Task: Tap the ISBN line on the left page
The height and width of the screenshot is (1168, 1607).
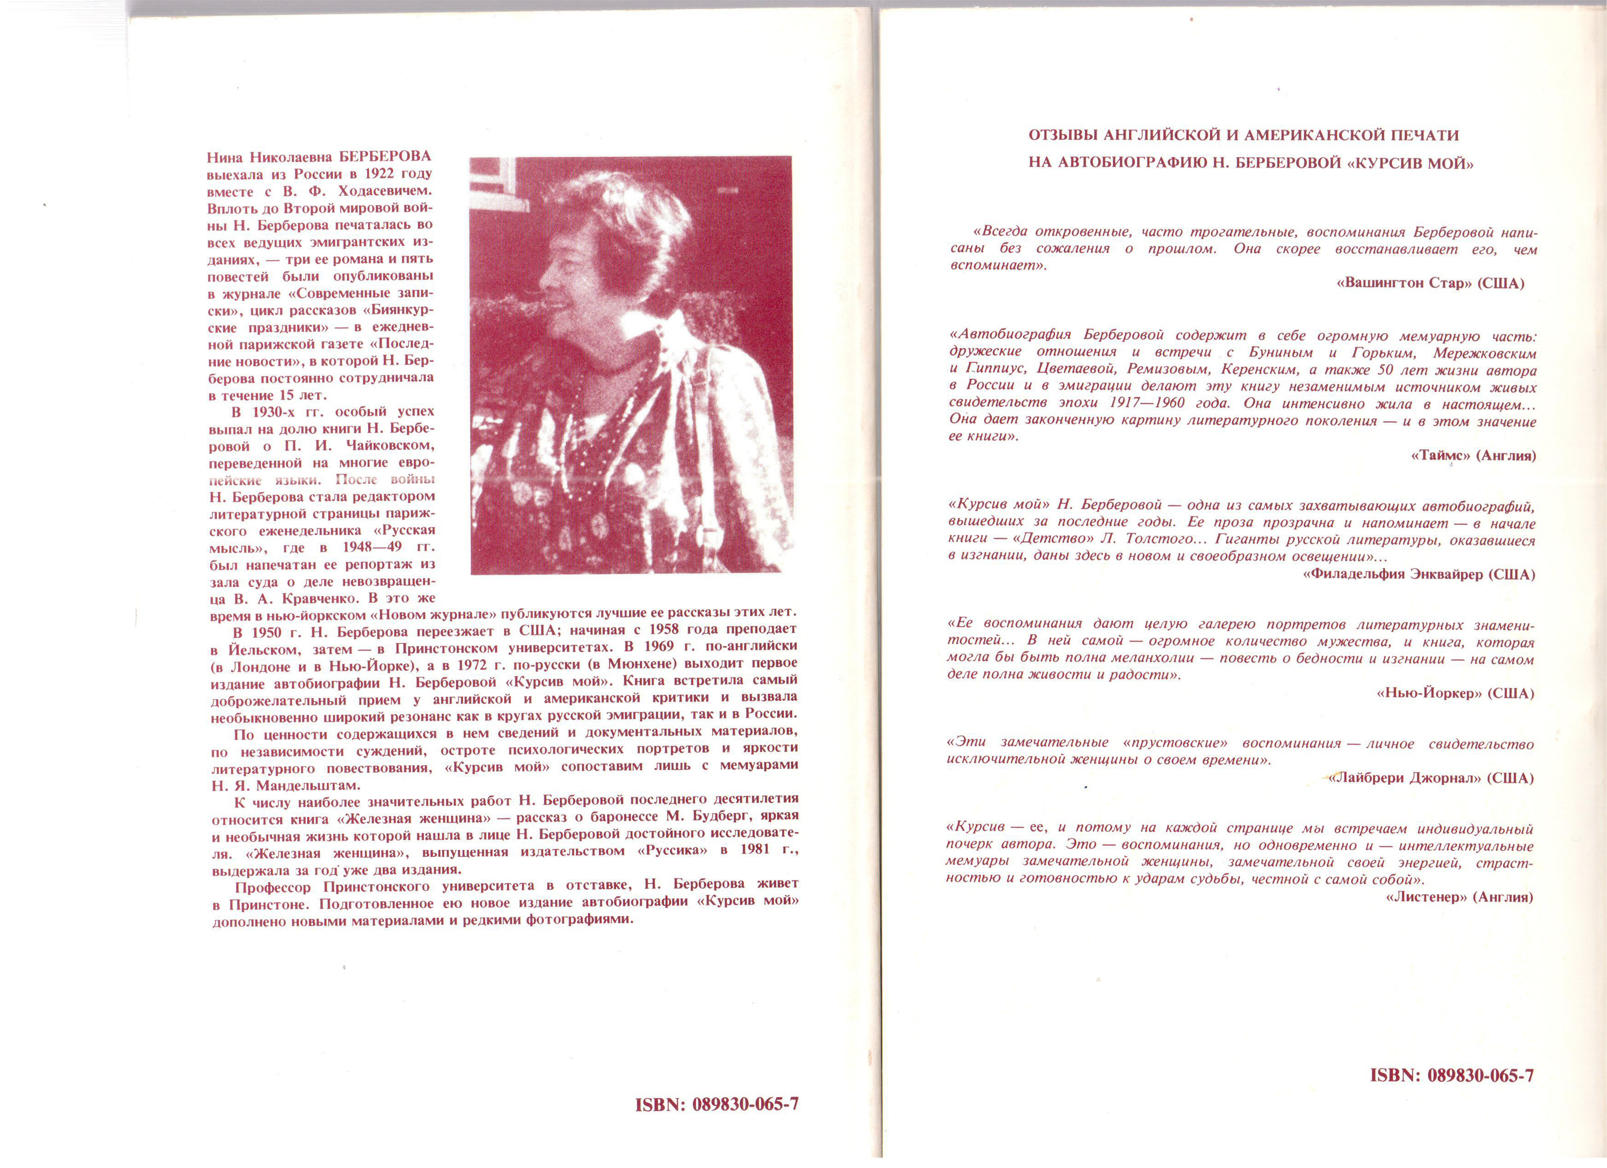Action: coord(716,1104)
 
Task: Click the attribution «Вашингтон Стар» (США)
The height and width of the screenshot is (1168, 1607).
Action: coord(1430,283)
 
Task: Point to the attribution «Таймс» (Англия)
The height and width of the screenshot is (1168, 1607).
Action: coord(1473,456)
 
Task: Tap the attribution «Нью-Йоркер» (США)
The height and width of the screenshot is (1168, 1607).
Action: coord(1454,694)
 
